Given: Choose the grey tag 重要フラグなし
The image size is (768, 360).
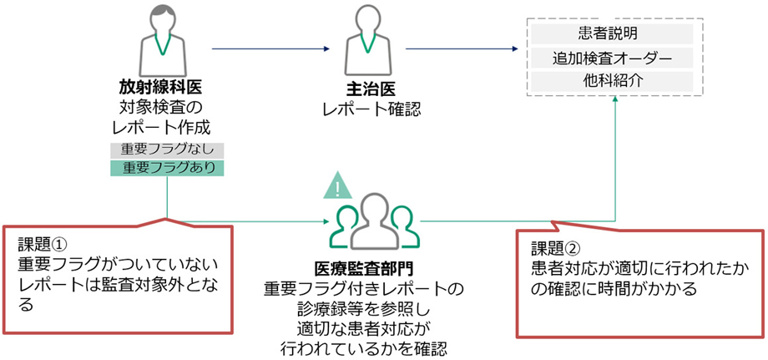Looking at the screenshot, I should pos(168,150).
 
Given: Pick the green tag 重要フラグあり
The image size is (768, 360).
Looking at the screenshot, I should pos(168,167).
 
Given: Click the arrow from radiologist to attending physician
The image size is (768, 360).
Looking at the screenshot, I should pos(267,48).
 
